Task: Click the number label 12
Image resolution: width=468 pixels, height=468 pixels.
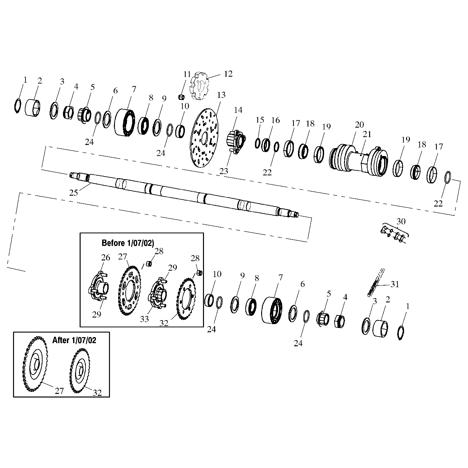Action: (228, 74)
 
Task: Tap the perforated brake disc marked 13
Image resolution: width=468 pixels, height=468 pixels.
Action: (204, 139)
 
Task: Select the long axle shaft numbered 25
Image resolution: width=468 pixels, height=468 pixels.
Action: (183, 195)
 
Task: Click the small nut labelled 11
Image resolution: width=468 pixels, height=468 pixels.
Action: (181, 97)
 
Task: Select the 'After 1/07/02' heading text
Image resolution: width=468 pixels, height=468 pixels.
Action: (74, 340)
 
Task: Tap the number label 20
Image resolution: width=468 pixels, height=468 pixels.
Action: (359, 125)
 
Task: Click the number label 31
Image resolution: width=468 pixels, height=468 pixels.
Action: (395, 284)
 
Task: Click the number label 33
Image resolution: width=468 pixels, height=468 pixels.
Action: (144, 319)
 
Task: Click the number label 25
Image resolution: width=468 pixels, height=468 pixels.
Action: (73, 193)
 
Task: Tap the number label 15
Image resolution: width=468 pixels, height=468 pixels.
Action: (260, 120)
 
